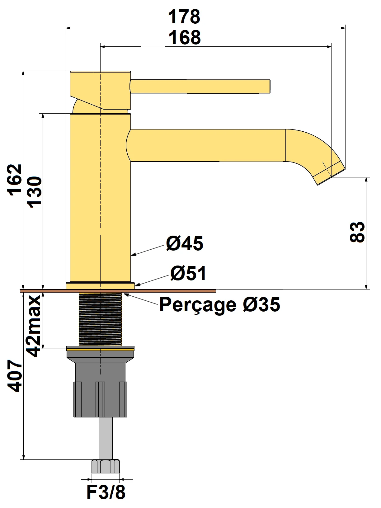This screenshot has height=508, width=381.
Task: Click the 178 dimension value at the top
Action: [x=184, y=17]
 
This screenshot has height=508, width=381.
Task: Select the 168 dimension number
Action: [x=185, y=38]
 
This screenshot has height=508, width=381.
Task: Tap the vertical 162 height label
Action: [x=15, y=180]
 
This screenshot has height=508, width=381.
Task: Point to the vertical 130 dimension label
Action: [x=34, y=192]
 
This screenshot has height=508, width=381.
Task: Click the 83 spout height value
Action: [x=357, y=232]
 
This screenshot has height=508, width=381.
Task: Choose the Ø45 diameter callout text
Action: [x=184, y=243]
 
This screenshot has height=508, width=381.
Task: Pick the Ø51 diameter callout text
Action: [x=188, y=273]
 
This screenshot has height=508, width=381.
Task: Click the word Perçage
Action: [x=198, y=305]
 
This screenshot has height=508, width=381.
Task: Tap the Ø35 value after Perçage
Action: [x=261, y=304]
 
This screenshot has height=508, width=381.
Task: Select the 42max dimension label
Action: [x=34, y=326]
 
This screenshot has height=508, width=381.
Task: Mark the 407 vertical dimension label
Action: [x=15, y=376]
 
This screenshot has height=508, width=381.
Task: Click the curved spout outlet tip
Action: [x=329, y=173]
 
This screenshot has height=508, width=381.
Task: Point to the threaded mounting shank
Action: [x=100, y=319]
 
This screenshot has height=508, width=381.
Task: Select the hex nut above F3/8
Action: [x=106, y=466]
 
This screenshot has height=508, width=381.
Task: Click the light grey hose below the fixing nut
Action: [x=106, y=438]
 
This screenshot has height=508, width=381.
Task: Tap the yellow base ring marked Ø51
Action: [x=100, y=285]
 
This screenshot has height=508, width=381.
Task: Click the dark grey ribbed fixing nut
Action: [x=100, y=399]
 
